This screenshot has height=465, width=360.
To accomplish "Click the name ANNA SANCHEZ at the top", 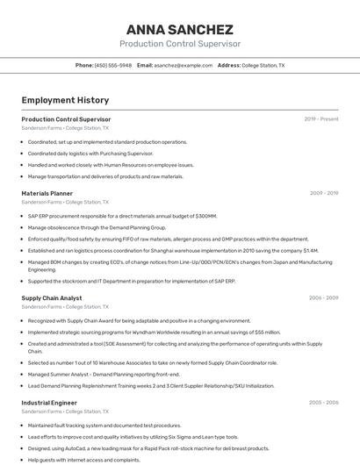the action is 179,29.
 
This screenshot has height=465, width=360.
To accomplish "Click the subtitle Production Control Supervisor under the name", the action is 179,44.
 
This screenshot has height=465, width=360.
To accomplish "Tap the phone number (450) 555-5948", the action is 113,65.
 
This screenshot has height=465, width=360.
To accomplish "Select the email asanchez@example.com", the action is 184,65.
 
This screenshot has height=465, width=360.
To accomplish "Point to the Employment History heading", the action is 65,100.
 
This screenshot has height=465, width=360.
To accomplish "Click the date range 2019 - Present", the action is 321,118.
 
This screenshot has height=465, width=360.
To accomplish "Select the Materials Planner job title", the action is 47,193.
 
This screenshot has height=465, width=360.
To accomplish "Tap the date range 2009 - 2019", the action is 324,193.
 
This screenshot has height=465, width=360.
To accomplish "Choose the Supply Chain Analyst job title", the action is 52,297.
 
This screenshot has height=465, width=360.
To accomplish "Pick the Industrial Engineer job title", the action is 49,403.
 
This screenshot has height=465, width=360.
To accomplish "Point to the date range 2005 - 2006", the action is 324,403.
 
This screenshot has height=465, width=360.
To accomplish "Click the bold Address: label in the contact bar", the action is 228,65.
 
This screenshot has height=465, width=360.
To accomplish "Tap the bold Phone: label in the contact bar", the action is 84,65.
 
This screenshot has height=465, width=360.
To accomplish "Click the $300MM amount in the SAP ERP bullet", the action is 205,216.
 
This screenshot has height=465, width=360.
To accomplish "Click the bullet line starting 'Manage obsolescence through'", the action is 97,227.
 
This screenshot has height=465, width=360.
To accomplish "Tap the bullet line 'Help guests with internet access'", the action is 83,460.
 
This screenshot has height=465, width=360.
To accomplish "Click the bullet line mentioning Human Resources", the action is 111,165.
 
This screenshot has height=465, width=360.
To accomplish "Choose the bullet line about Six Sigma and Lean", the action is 132,437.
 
